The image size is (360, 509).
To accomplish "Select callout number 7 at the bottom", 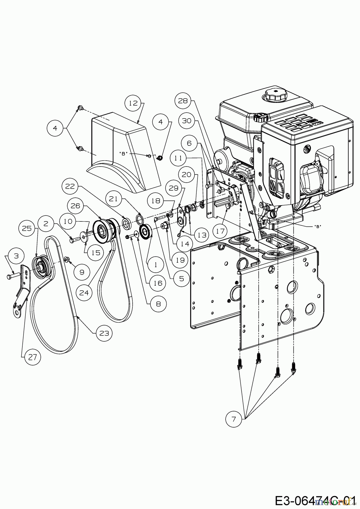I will coord(233,419).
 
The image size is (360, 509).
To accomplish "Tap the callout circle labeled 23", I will coord(104,333).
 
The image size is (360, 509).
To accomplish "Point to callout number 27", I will coord(33,357).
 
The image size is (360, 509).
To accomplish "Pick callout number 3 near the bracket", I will coord(16,256).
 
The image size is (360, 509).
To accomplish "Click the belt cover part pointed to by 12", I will coord(119,147).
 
